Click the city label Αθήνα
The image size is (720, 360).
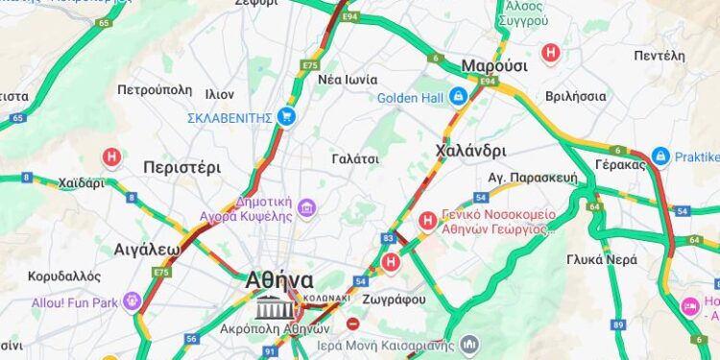click(x=279, y=279)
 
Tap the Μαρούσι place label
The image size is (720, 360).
click(x=494, y=65)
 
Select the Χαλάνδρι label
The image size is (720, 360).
click(x=470, y=150)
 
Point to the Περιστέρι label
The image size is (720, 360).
click(x=181, y=166)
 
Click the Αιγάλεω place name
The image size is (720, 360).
click(x=147, y=250)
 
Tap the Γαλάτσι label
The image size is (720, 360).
click(x=355, y=157)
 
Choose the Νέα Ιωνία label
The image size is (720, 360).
click(x=348, y=79)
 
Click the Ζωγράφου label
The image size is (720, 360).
click(x=396, y=299)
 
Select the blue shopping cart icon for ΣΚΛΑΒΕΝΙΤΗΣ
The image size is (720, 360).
click(x=285, y=116)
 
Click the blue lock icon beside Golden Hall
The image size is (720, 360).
click(x=459, y=96)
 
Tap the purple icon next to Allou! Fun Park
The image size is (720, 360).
click(x=132, y=301)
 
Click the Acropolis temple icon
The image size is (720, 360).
click(x=275, y=308)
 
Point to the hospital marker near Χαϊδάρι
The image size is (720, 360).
click(x=112, y=156)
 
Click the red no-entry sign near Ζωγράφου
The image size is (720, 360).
click(x=354, y=324)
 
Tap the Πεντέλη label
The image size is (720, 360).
click(x=660, y=56)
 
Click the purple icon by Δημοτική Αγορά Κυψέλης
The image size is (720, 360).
click(x=306, y=207)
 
